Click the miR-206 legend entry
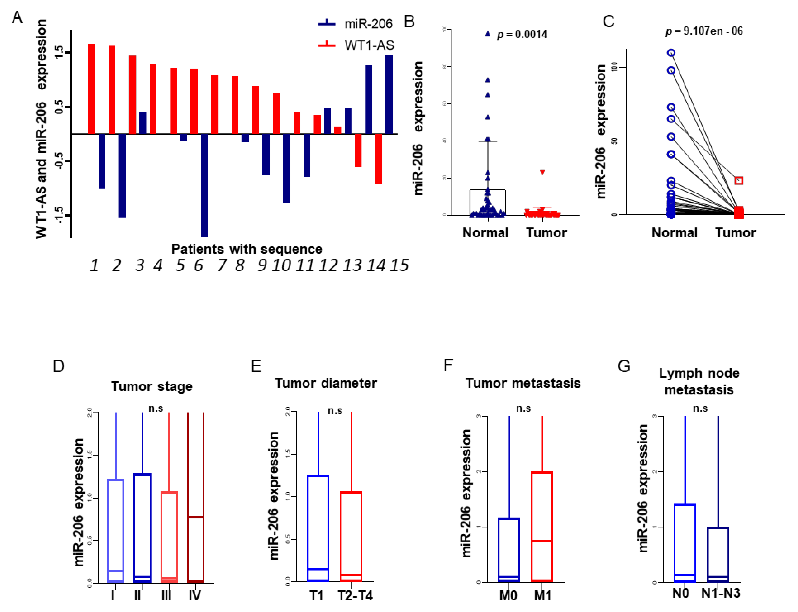click(x=355, y=24)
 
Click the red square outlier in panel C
click(x=739, y=181)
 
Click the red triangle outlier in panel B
click(x=542, y=172)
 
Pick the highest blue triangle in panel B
click(x=488, y=34)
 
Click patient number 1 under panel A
click(x=94, y=265)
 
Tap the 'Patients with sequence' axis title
click(x=247, y=249)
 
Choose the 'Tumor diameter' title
click(x=325, y=383)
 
